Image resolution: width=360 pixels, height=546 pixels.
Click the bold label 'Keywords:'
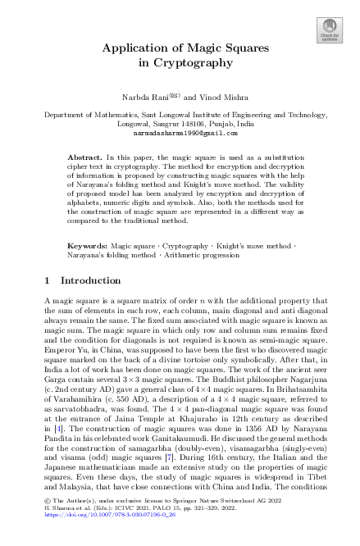(x=87, y=245)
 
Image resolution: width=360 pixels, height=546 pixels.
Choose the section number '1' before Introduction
(x=47, y=280)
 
